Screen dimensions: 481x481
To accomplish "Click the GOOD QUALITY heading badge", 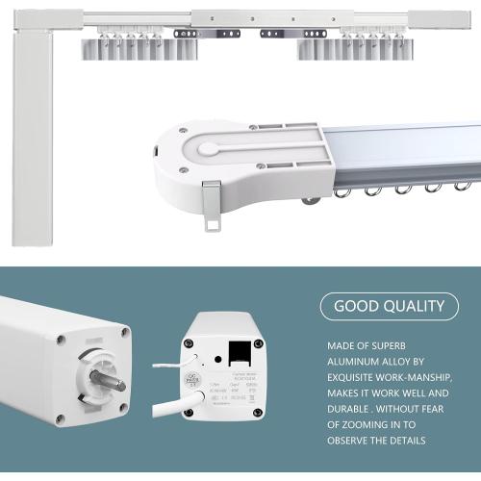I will [389, 307].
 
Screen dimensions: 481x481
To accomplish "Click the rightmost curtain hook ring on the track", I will [466, 182].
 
